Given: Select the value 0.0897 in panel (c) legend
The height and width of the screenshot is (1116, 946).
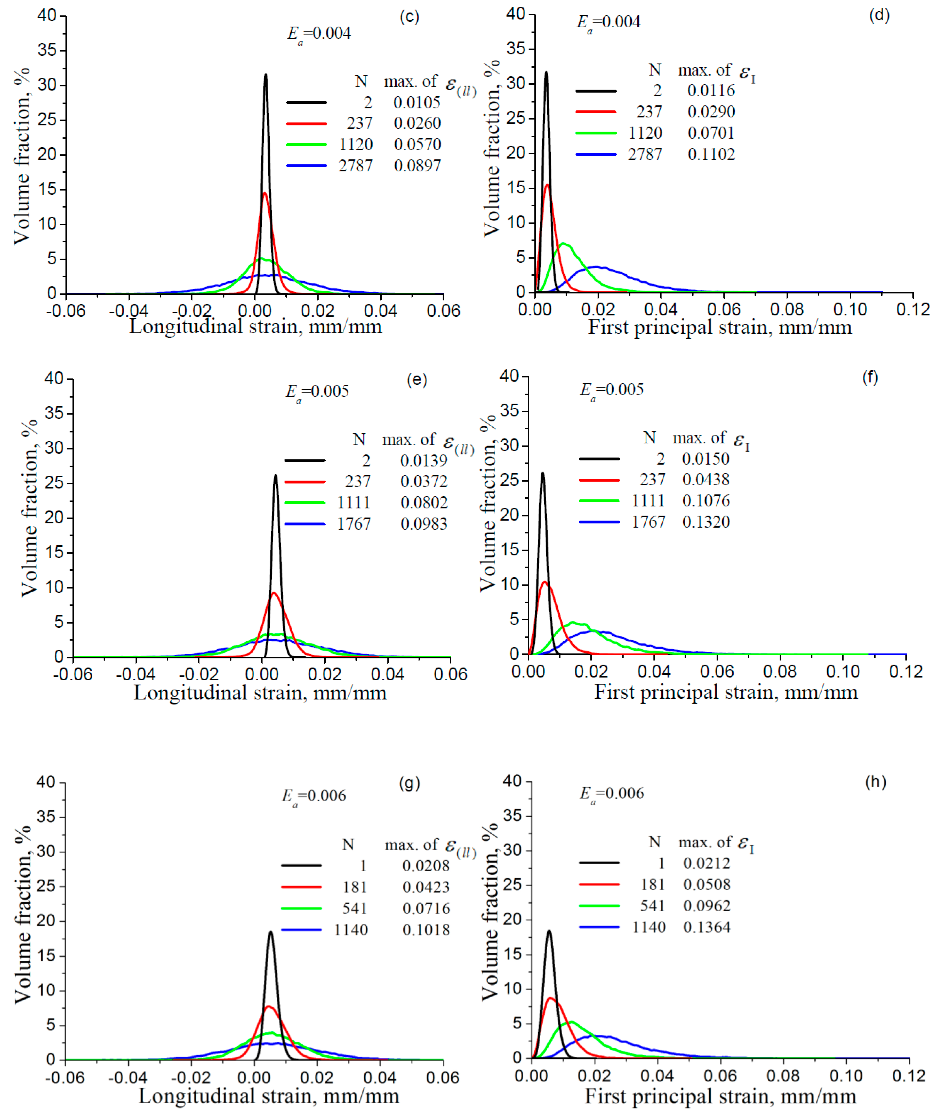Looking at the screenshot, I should pos(417,166).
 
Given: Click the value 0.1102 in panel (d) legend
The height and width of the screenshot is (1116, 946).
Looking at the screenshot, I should pos(711,154).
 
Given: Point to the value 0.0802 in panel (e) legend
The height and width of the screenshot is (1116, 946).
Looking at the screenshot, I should pos(424,503).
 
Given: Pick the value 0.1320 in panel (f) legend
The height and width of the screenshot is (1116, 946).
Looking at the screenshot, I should pos(706,522).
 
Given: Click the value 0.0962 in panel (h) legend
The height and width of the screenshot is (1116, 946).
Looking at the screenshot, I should pos(707,906).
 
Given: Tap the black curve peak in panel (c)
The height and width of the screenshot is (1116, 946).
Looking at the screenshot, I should pos(266,75).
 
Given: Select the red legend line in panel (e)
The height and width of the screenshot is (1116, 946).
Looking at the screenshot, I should pos(304,482).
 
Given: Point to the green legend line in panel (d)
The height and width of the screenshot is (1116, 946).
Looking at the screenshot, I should pos(596,133).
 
